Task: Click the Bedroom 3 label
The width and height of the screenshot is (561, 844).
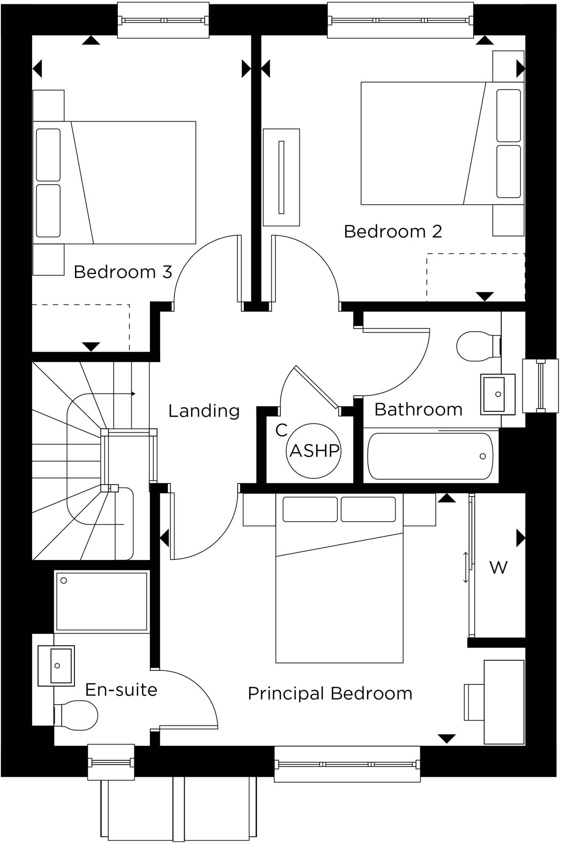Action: point(123,272)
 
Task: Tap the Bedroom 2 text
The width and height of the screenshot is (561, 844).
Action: point(393,232)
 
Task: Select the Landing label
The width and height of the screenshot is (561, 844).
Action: point(204,411)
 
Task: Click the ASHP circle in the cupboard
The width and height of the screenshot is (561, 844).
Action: point(314,451)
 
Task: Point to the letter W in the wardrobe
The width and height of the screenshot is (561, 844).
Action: point(498,567)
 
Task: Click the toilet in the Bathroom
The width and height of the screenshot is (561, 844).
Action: point(478,346)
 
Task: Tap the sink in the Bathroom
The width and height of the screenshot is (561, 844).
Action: point(497,394)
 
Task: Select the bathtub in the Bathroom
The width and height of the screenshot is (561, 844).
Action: point(430,456)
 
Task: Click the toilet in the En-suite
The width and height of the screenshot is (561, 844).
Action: point(76,715)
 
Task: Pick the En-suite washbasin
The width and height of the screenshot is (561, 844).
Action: point(57,666)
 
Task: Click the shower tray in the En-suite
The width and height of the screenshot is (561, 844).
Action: point(101,601)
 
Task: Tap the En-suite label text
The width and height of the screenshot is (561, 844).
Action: point(121,690)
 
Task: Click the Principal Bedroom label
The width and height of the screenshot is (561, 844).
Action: point(330,694)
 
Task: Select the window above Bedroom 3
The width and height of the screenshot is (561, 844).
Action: point(163,20)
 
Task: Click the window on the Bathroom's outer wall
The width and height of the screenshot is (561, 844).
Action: point(540,386)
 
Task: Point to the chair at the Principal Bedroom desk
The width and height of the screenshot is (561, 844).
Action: point(474,702)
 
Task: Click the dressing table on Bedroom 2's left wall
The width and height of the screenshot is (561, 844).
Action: point(281,177)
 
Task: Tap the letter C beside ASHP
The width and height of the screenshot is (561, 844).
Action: point(281,430)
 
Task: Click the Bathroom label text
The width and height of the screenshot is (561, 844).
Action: point(418,410)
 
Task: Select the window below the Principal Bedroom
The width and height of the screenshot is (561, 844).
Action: point(347,764)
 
